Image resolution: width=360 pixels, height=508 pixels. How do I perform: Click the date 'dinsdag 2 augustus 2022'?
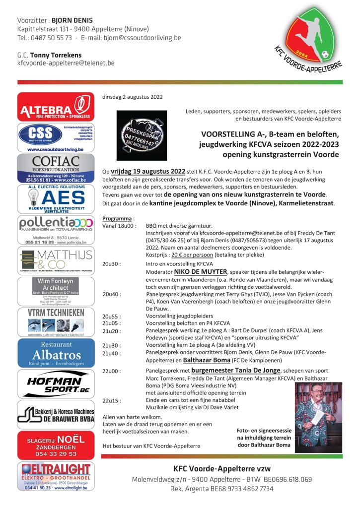pyautogui.click(x=132, y=97)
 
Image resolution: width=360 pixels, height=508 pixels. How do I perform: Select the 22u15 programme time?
pyautogui.click(x=112, y=400)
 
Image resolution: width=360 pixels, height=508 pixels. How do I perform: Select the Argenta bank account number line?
pyautogui.click(x=221, y=489)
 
